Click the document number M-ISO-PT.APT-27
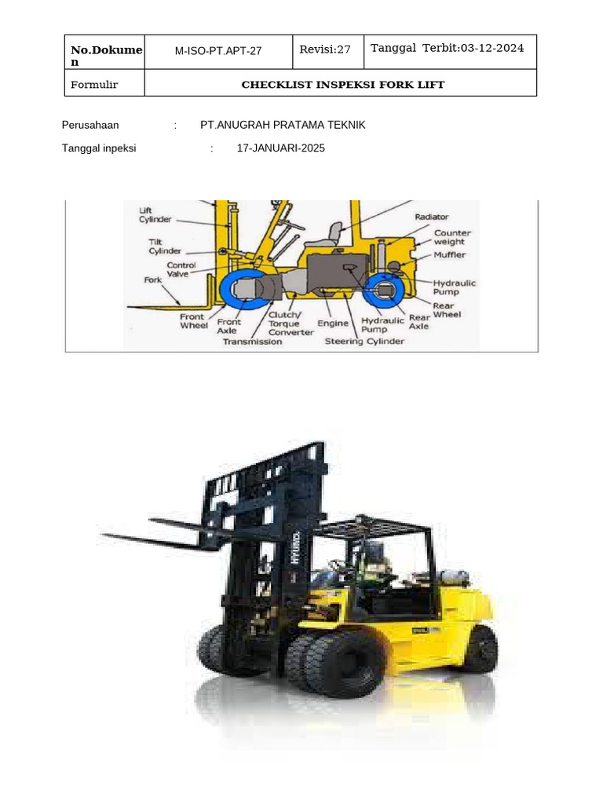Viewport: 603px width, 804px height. pyautogui.click(x=218, y=51)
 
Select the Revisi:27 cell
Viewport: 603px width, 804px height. pyautogui.click(x=325, y=49)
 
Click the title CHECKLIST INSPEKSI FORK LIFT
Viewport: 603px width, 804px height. pyautogui.click(x=342, y=85)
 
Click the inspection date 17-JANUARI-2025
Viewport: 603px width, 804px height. pyautogui.click(x=280, y=148)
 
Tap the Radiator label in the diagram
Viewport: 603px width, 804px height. pyautogui.click(x=431, y=217)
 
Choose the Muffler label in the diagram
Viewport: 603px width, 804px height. pyautogui.click(x=450, y=255)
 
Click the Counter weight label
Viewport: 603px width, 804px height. pyautogui.click(x=453, y=238)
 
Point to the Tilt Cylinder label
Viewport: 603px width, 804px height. pyautogui.click(x=165, y=247)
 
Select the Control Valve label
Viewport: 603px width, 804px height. pyautogui.click(x=181, y=270)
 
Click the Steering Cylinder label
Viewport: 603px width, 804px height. pyautogui.click(x=365, y=342)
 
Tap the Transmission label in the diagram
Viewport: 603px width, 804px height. pyautogui.click(x=252, y=342)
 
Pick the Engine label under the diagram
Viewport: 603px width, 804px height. pyautogui.click(x=333, y=323)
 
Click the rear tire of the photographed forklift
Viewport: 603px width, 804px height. pyautogui.click(x=481, y=649)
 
